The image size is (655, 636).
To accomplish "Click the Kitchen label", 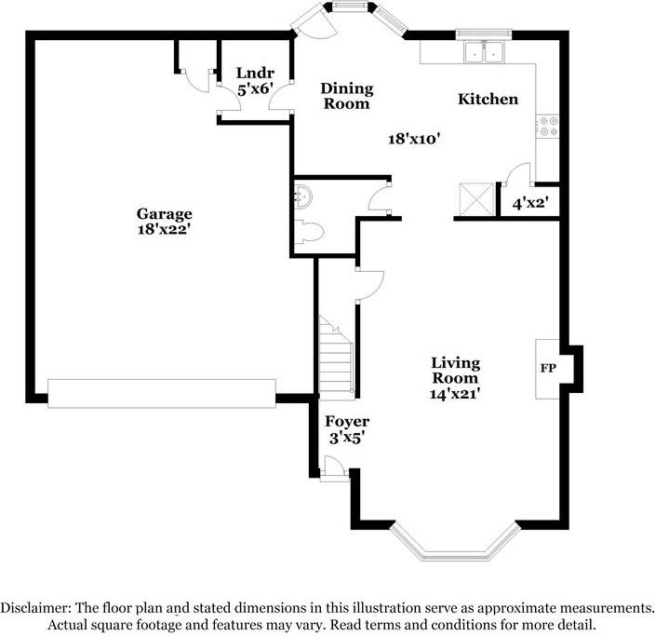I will click(x=488, y=99).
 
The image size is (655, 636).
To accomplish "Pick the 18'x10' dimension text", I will click(x=413, y=139).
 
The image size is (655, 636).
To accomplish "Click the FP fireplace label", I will click(x=548, y=369).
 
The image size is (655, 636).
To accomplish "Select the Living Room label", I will click(x=455, y=370).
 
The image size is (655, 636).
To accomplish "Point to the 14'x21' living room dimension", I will click(x=455, y=394).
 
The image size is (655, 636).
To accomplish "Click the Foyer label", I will click(x=346, y=422).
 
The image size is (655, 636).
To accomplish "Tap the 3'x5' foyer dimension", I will click(x=346, y=438).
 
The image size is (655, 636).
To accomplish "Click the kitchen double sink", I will click(x=485, y=53).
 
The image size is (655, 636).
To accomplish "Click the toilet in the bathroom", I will click(x=310, y=230).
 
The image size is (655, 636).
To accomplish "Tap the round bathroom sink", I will click(x=302, y=196).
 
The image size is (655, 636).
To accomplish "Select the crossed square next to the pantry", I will click(x=477, y=198).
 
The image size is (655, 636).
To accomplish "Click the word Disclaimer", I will click(x=36, y=607).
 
